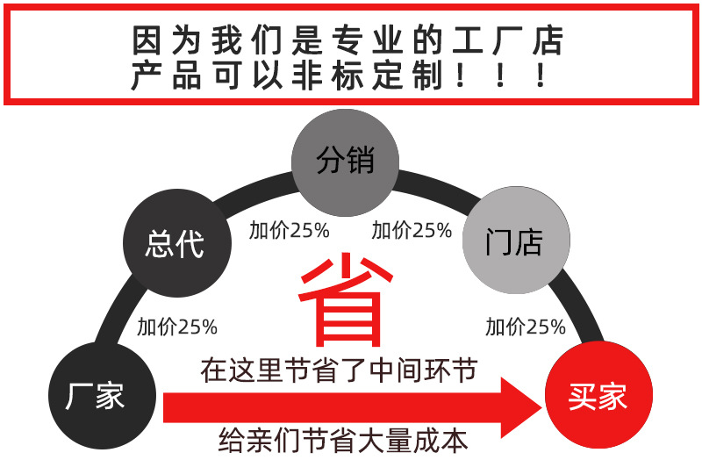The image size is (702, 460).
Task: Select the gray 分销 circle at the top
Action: click(x=345, y=162)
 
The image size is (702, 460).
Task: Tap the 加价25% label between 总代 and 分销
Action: click(x=289, y=231)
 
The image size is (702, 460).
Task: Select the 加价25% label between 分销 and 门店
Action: click(x=412, y=231)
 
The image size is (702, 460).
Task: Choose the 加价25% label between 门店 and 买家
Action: click(x=526, y=327)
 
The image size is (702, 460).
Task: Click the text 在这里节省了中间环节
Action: click(x=339, y=370)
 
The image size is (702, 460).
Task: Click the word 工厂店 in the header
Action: click(x=511, y=40)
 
